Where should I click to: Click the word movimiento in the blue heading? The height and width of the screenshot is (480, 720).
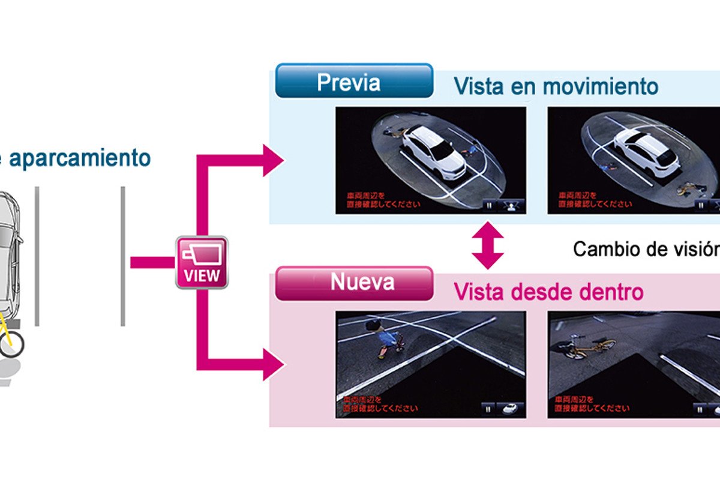pos(601,86)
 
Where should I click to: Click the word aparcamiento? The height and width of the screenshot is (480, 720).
pos(82,158)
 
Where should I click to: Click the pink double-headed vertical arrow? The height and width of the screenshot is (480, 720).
pos(488,245)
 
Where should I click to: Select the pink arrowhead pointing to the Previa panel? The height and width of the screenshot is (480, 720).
pos(273,160)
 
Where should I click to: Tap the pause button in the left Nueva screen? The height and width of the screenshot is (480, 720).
pos(488,409)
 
